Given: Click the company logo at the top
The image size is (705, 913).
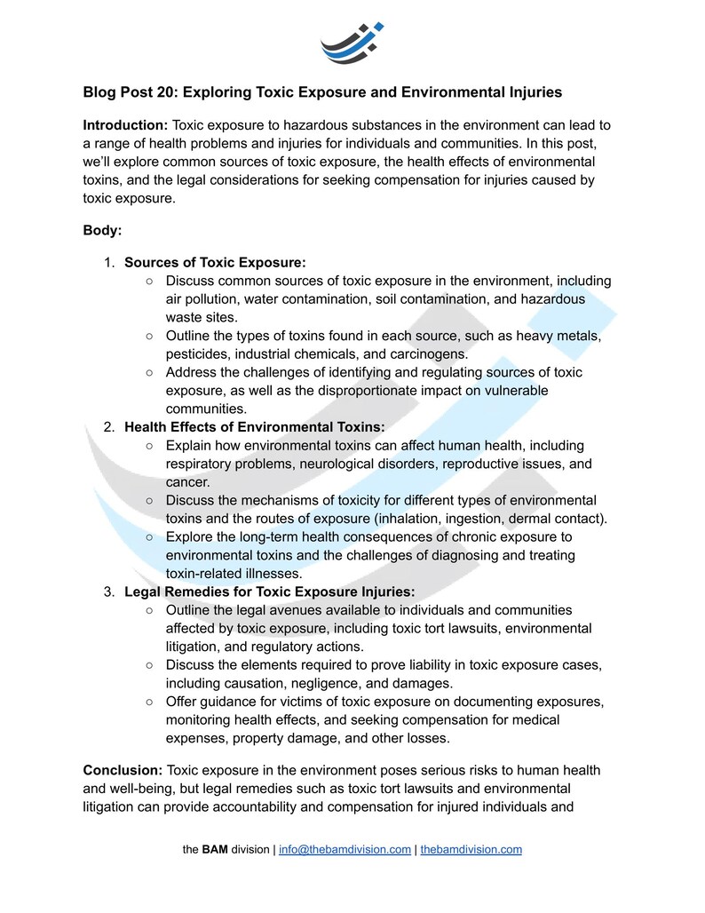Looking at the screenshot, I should tap(352, 43).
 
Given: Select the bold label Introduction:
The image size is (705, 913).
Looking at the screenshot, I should tap(125, 125).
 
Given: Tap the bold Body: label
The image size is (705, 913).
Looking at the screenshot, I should tap(103, 230).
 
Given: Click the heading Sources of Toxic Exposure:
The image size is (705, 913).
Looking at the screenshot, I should tap(215, 262).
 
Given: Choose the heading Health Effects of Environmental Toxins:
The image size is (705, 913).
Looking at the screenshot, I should tap(254, 427).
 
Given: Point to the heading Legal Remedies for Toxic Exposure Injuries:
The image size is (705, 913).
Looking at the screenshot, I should tap(269, 591).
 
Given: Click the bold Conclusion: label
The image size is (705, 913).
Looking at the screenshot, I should tap(123, 769).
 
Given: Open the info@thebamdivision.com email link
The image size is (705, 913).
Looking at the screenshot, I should tap(345, 849).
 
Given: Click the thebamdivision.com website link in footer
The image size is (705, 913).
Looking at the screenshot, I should tap(471, 849).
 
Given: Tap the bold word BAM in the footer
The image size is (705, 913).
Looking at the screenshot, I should tap(215, 849).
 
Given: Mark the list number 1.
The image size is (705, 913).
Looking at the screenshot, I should tap(107, 262).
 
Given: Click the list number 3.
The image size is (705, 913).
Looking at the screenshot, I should tap(107, 591).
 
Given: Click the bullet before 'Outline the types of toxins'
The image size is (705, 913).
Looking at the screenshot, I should tap(149, 336).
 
